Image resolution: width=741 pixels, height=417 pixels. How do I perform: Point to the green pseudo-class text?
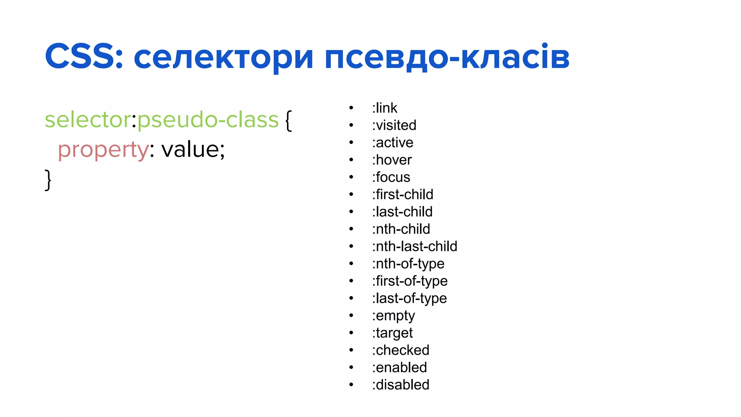208,120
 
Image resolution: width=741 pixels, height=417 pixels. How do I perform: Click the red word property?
103,150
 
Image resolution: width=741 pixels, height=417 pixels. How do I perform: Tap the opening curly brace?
288,121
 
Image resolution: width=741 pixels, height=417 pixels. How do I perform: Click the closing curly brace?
48,180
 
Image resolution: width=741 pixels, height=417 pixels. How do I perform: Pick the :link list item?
385,108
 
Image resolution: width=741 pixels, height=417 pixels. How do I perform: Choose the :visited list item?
394,125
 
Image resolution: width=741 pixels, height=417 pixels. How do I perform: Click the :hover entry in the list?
392,160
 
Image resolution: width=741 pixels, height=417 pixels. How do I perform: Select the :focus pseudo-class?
391,177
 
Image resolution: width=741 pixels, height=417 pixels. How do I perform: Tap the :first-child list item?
402,194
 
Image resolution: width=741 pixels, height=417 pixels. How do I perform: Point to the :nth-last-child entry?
415,247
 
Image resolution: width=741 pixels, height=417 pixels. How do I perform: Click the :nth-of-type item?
408,264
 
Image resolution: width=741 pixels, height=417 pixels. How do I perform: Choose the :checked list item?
401,350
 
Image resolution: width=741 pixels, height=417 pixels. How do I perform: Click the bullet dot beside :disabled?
351,385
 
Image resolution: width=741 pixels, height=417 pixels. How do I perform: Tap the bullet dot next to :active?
351,143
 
